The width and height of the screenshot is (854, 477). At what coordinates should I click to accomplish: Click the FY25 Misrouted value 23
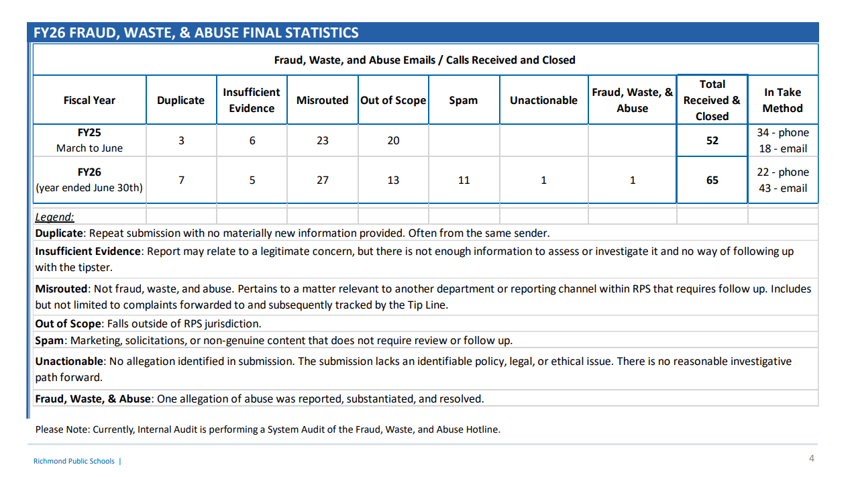pos(322,141)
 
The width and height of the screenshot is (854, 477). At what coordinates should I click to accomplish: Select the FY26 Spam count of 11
pos(464,180)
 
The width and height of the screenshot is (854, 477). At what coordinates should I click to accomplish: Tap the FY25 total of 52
pos(712,141)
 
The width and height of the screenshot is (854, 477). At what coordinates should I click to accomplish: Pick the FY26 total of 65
pos(712,180)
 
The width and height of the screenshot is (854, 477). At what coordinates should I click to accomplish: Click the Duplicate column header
pos(180,100)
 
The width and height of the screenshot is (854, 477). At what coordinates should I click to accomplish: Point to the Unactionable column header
pos(543,100)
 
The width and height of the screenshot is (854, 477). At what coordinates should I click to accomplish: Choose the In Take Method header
pos(782,100)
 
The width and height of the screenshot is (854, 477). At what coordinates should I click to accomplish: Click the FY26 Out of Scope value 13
pos(393,180)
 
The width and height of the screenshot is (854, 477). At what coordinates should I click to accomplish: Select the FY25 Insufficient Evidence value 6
pos(252,141)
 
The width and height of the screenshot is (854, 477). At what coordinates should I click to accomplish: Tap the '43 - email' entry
pos(782,188)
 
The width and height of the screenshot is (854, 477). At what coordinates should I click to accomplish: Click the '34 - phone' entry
pos(782,132)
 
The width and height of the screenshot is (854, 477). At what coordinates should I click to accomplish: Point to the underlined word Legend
pos(54,217)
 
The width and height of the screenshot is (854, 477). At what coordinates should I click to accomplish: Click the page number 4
pos(811,458)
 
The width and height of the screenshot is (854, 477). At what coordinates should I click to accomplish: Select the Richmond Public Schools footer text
pos(74,461)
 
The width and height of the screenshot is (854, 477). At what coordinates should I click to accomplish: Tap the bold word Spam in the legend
pos(49,341)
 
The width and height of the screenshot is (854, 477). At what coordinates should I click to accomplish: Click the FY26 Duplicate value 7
pos(182,180)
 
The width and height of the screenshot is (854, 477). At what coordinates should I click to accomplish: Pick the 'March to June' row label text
pos(89,148)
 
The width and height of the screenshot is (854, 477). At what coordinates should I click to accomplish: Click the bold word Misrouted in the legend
pos(61,288)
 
